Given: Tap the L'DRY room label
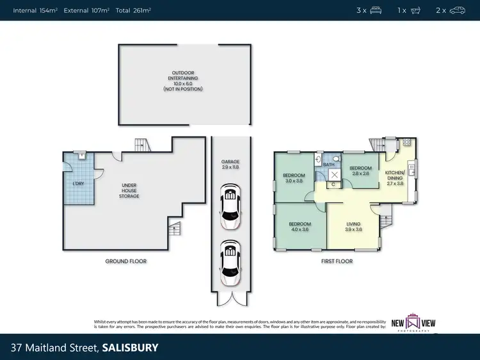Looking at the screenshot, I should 78,184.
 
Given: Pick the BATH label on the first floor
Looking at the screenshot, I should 329,165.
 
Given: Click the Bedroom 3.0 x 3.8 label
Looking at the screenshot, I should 294,177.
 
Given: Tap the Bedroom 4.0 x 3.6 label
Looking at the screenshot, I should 300,227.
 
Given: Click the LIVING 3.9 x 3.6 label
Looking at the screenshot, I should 353,227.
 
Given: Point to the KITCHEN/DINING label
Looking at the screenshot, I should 395,177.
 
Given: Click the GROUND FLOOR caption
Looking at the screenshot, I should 126,261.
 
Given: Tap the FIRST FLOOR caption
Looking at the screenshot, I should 337,261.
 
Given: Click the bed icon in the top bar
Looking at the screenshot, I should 376,10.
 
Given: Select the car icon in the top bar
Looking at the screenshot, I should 457,10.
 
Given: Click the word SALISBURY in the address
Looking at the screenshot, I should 130,348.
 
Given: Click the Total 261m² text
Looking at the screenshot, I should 132,10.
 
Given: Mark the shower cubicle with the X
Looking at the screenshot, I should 333,174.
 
